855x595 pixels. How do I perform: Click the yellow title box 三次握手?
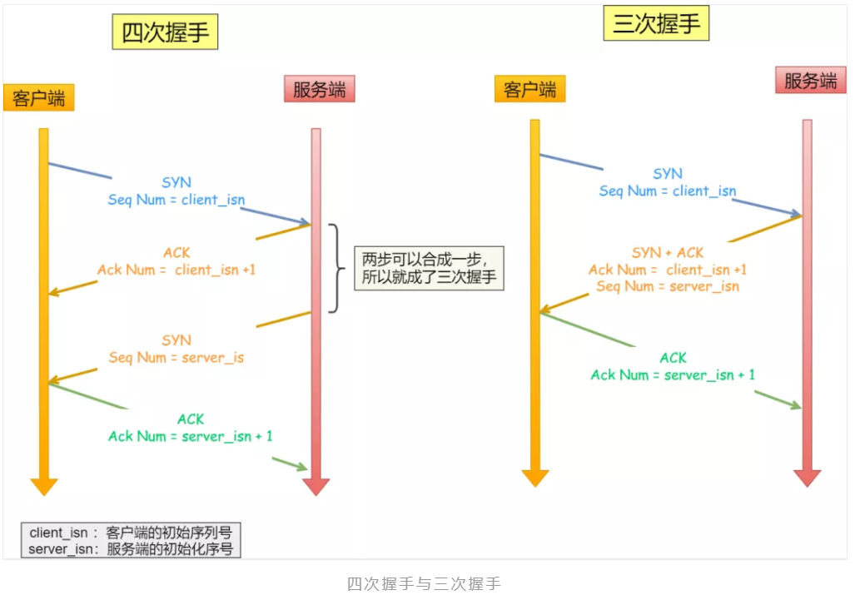656,23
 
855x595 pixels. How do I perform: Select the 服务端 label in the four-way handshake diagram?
319,89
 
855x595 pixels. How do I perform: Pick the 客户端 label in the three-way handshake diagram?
529,89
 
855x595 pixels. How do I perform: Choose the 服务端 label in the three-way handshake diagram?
810,81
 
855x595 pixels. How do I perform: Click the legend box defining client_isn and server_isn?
131,540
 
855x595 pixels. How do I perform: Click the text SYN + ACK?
668,252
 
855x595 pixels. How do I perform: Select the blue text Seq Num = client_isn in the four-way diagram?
176,200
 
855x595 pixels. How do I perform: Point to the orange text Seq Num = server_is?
176,357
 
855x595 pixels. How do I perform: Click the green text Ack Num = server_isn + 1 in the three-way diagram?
673,374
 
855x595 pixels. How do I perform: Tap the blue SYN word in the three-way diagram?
668,174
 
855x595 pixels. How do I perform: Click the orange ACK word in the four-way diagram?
176,253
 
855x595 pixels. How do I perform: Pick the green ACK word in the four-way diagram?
190,419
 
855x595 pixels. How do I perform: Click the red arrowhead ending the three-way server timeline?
807,478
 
